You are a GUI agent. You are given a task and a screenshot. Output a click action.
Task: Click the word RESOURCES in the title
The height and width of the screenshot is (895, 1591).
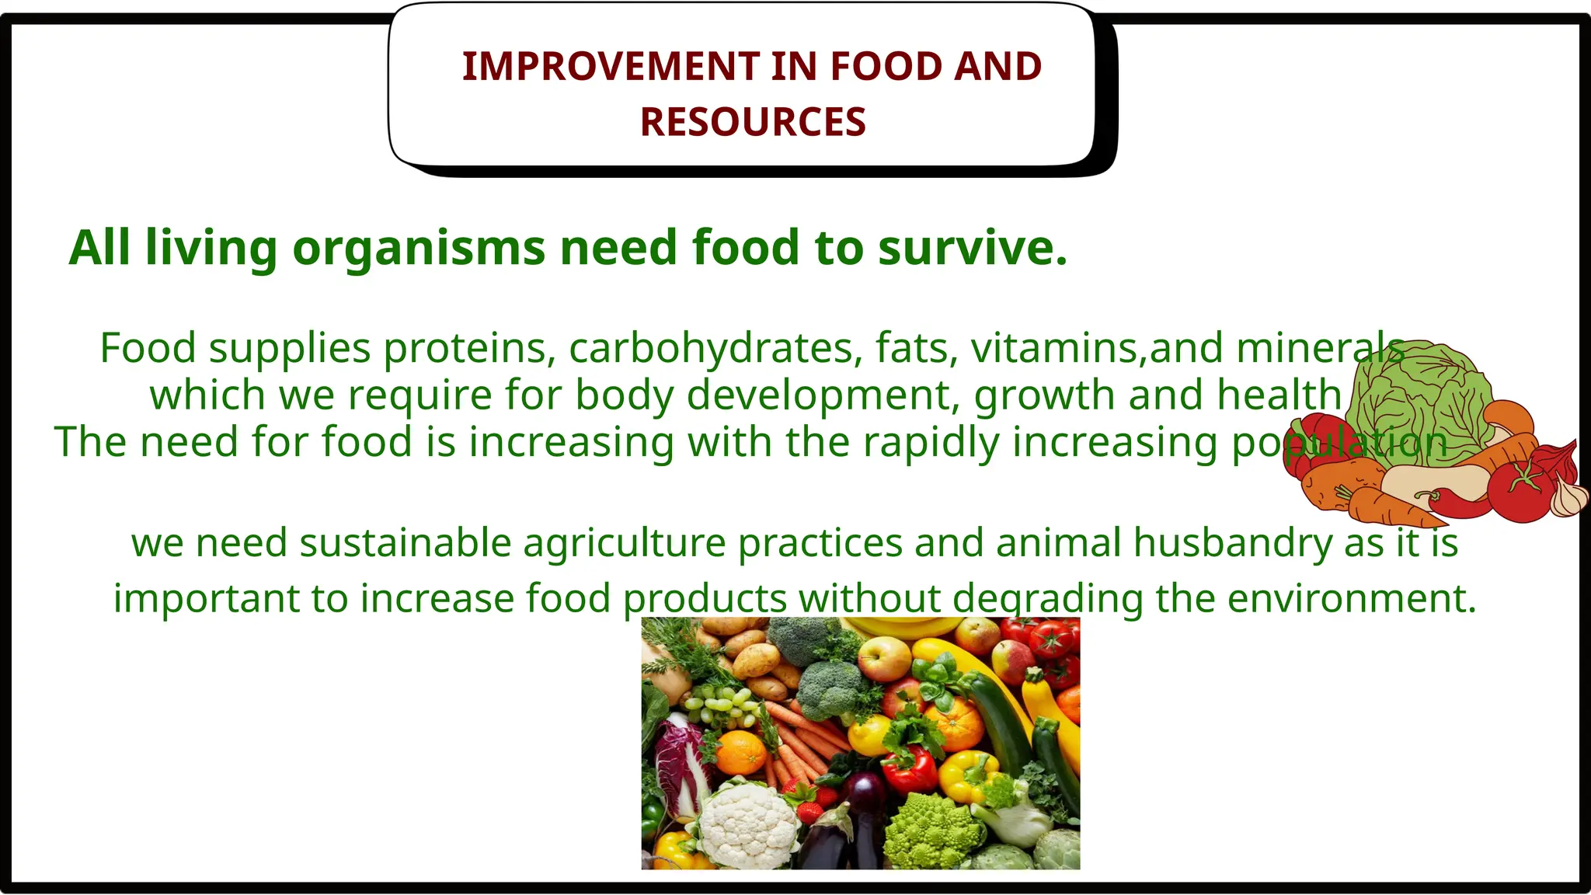pyautogui.click(x=752, y=122)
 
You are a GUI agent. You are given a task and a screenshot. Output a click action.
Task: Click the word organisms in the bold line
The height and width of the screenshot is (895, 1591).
pyautogui.click(x=418, y=249)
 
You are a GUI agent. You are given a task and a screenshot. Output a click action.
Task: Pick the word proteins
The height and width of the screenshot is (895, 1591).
pyautogui.click(x=469, y=347)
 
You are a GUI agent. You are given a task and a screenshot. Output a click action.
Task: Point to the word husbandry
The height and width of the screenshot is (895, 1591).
pyautogui.click(x=1232, y=542)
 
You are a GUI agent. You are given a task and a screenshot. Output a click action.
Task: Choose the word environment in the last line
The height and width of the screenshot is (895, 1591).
pyautogui.click(x=1344, y=598)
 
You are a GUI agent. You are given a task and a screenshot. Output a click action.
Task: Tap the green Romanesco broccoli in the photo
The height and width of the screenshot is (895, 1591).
pyautogui.click(x=929, y=831)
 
